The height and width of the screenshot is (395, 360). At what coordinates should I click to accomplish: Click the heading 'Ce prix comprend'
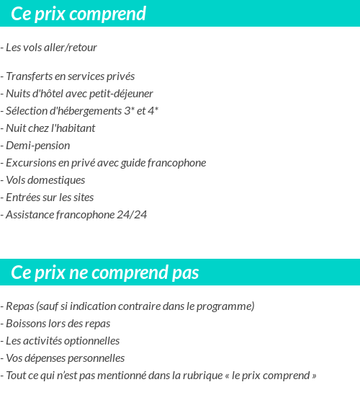pos(78,14)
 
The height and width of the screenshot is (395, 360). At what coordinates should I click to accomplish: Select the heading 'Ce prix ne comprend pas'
pos(105,272)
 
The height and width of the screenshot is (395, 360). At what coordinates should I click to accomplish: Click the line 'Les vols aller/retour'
pos(51,48)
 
